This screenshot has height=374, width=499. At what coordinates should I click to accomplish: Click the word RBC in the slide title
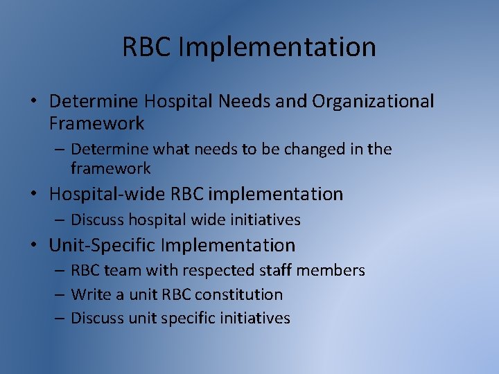(147, 47)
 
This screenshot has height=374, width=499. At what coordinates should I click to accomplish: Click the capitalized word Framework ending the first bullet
(96, 123)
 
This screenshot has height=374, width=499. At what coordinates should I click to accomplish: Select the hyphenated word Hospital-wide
(103, 194)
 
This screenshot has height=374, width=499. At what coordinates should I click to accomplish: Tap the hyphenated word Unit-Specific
(103, 245)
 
